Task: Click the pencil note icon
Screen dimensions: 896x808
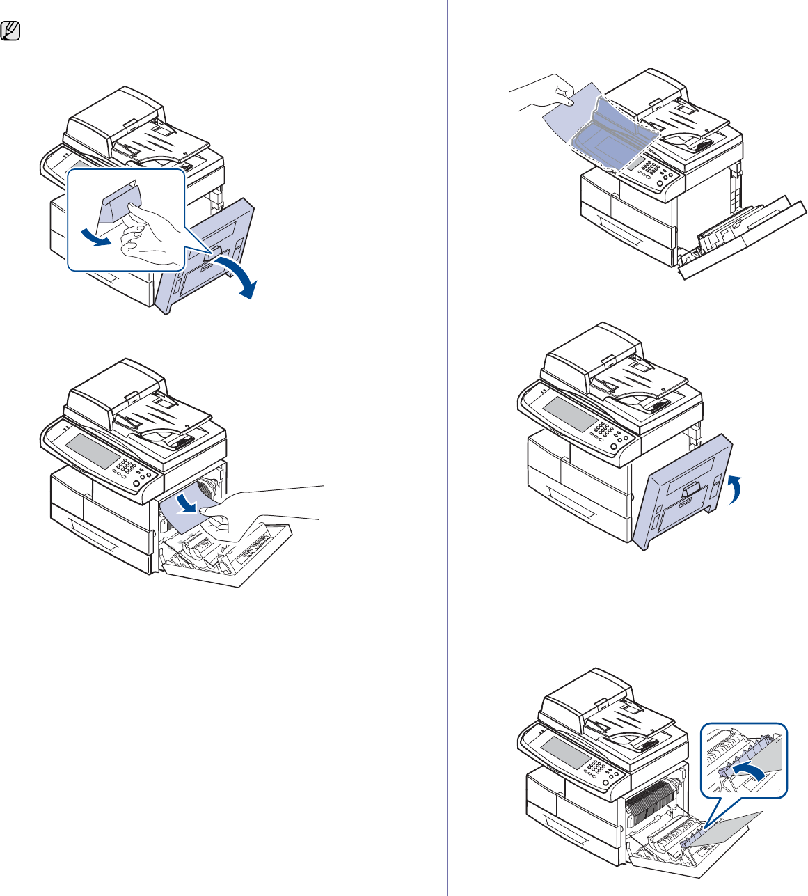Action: tap(11, 31)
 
